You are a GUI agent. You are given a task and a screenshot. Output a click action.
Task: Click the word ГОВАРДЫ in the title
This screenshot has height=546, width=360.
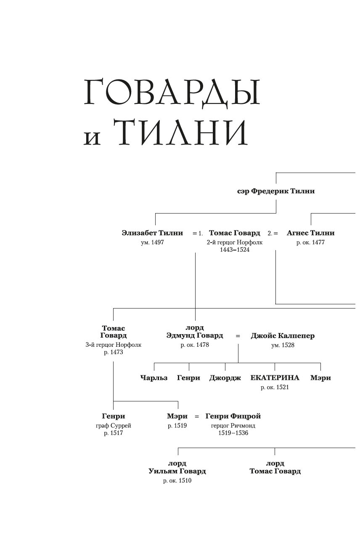click(172, 92)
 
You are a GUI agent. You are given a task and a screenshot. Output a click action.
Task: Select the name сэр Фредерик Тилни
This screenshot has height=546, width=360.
click(276, 191)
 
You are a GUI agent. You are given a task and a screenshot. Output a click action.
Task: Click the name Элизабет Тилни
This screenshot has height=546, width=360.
click(152, 233)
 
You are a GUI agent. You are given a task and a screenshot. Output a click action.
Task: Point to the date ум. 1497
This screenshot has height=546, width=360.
click(152, 243)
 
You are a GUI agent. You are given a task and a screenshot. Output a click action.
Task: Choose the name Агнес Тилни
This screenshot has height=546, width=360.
click(310, 233)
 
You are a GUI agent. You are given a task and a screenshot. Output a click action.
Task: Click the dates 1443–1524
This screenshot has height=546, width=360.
click(234, 250)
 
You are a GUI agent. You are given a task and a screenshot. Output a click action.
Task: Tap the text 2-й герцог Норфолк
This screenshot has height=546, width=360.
click(234, 243)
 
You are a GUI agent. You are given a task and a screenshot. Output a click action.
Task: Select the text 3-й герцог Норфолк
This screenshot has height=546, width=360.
click(114, 345)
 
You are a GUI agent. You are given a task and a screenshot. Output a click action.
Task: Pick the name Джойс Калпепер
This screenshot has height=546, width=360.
click(283, 336)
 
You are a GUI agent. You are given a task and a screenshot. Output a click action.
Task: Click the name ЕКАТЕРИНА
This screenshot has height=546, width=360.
click(275, 378)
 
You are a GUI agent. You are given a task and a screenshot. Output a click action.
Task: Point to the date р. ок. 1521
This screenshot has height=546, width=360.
click(275, 388)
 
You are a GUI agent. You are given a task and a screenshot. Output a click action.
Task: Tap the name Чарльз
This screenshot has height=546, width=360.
click(154, 378)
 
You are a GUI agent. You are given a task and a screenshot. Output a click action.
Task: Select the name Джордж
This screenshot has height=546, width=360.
click(225, 378)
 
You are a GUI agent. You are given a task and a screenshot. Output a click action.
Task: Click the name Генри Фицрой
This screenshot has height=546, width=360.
click(233, 416)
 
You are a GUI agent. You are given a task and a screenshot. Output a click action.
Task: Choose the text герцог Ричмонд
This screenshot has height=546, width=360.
click(233, 425)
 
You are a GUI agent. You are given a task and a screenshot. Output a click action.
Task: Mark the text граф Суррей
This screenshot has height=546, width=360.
click(114, 425)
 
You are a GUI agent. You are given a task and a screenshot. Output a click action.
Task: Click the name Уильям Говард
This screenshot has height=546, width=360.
click(177, 471)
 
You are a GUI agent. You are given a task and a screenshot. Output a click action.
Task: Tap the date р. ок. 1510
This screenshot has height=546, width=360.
click(177, 480)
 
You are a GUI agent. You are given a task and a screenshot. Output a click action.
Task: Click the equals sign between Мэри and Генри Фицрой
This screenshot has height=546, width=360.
click(196, 417)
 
